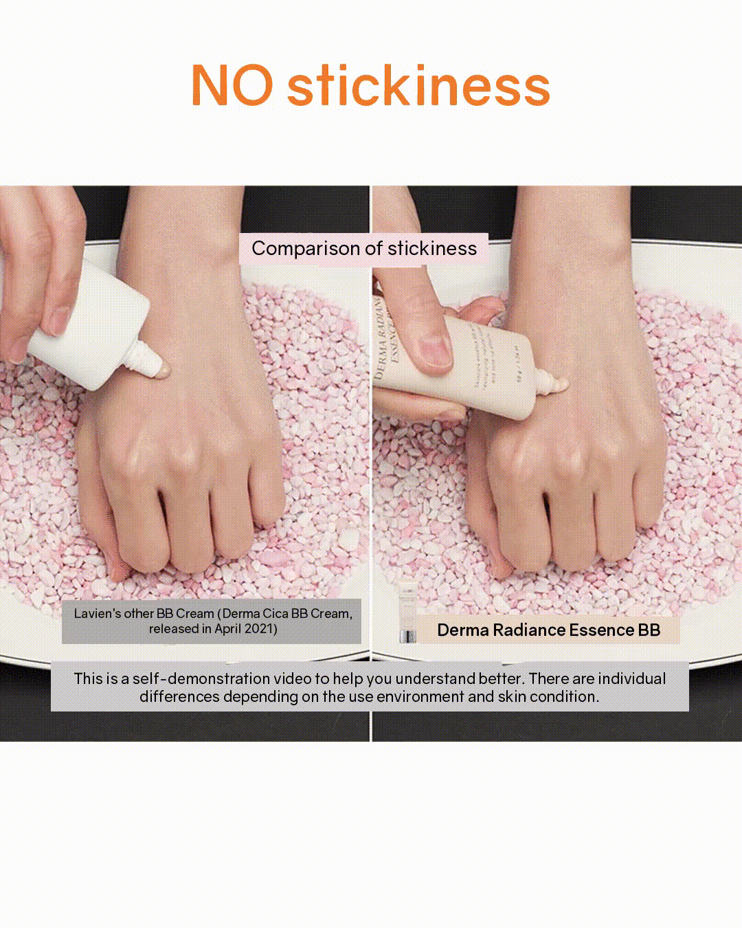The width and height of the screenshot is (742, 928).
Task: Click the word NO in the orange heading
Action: pos(232,85)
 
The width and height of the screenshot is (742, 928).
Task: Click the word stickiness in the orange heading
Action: pos(418,85)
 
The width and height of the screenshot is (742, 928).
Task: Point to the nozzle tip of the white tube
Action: pos(163,371)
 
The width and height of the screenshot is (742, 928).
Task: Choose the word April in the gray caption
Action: pos(228,630)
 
